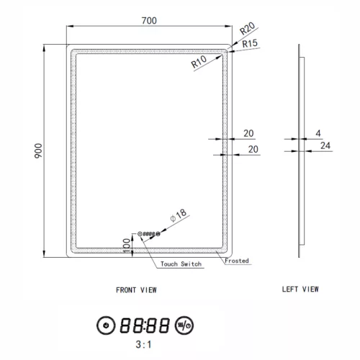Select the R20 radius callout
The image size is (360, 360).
pos(248,30)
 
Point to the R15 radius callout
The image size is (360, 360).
pos(250,44)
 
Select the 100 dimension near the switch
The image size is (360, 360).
pos(127,245)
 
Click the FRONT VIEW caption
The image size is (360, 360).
pos(136,290)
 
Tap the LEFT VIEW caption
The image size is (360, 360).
pos(300,290)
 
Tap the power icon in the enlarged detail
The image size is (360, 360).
pos(106,325)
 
